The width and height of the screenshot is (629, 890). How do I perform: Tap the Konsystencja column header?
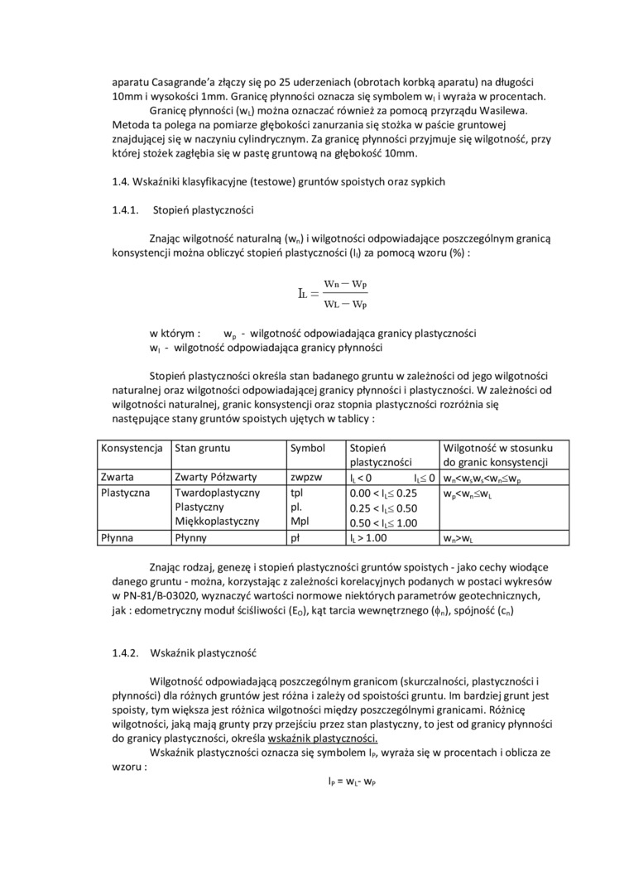click(x=131, y=447)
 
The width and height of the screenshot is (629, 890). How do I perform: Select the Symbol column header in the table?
click(x=308, y=447)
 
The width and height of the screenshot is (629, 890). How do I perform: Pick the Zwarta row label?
click(x=118, y=477)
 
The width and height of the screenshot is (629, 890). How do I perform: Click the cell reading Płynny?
click(x=191, y=537)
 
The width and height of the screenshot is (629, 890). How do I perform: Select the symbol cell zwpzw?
click(x=306, y=477)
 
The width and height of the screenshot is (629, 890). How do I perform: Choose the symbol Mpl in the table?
click(x=299, y=522)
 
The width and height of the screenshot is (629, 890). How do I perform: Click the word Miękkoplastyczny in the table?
click(x=217, y=522)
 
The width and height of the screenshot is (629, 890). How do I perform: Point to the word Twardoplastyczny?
click(x=218, y=492)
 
